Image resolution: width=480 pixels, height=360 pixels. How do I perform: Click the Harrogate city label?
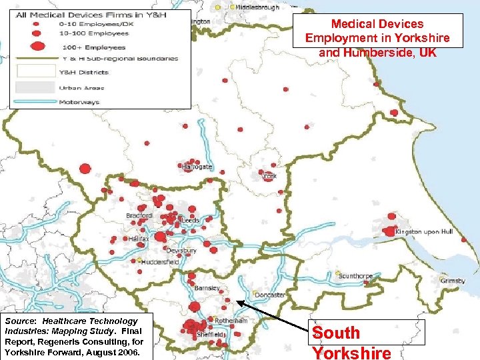coord(199,167)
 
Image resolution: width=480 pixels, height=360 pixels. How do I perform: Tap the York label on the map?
coord(270,177)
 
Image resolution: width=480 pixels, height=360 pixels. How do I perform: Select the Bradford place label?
coord(139,216)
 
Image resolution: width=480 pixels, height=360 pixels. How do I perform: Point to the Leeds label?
coord(191,221)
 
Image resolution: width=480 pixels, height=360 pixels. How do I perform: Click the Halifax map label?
coord(140,238)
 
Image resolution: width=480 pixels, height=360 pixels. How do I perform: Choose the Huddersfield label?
coord(161,262)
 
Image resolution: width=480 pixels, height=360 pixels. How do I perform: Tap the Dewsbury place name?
coord(181,251)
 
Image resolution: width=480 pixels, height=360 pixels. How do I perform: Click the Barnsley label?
coord(207,288)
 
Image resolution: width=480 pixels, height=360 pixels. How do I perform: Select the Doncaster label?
coord(270,295)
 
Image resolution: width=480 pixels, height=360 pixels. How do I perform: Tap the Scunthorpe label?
coord(356,276)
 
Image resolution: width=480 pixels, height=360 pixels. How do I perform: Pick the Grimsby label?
coord(453,281)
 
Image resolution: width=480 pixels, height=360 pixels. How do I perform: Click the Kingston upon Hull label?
coord(424,231)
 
